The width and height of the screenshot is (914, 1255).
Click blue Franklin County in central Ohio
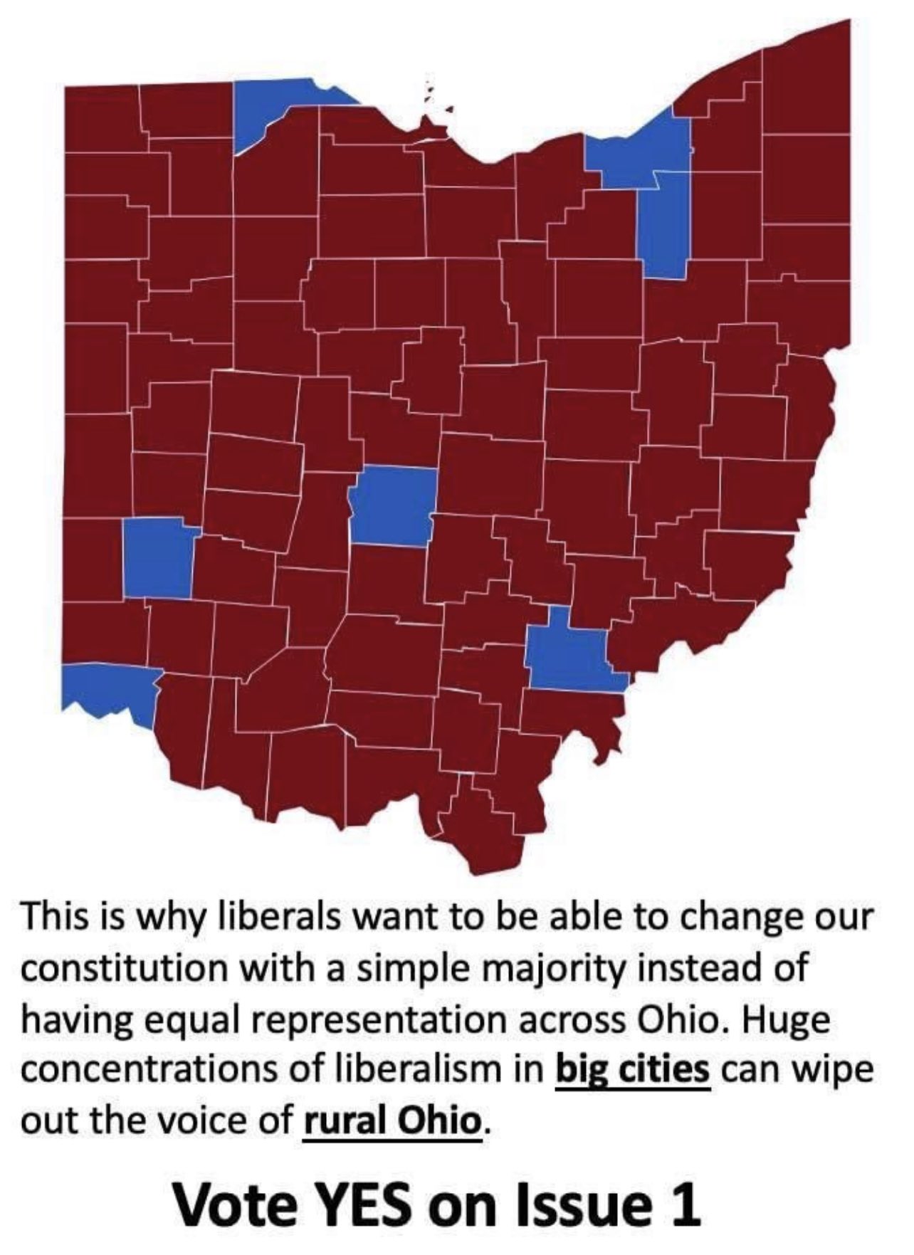[392, 506]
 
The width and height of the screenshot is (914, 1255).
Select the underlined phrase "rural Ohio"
[391, 1123]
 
